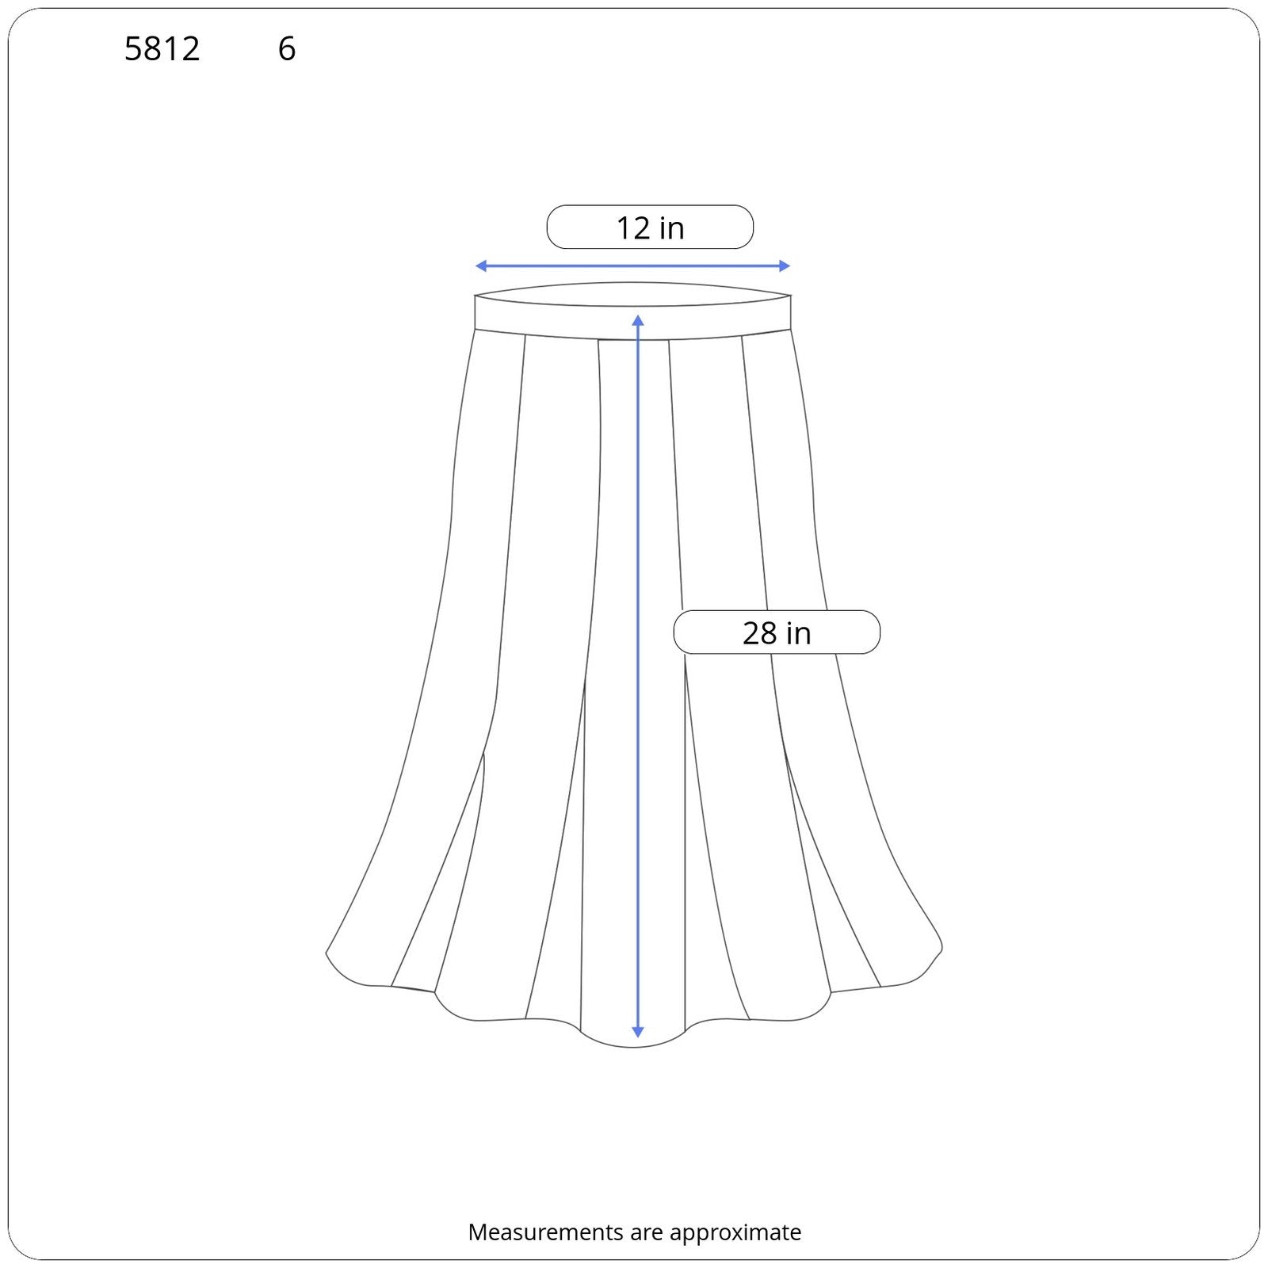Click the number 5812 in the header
point(162,49)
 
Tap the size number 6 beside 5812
point(287,49)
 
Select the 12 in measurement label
point(650,227)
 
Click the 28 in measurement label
point(777,632)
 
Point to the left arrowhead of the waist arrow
point(480,265)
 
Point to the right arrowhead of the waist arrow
point(785,265)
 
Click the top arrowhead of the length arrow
point(638,320)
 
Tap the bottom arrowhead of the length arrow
point(638,1032)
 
